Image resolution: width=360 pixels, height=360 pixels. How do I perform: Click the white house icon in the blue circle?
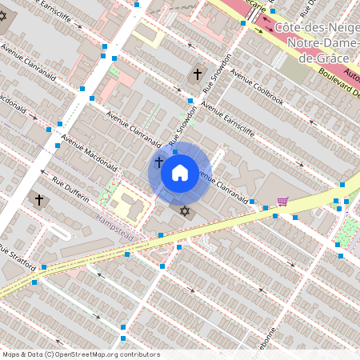click(x=179, y=171)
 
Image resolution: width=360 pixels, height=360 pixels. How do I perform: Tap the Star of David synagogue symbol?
click(x=186, y=211)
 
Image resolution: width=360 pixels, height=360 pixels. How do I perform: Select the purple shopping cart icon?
click(x=282, y=202)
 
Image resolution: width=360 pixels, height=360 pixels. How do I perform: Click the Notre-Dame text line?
click(x=317, y=43)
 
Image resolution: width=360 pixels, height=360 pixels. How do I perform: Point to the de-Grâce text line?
click(x=317, y=58)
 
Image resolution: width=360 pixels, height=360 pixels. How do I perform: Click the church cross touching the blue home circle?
click(x=158, y=162)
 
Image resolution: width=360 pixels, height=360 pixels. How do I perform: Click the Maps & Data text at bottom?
click(x=22, y=354)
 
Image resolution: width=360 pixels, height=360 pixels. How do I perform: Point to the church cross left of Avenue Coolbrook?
click(x=197, y=74)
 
